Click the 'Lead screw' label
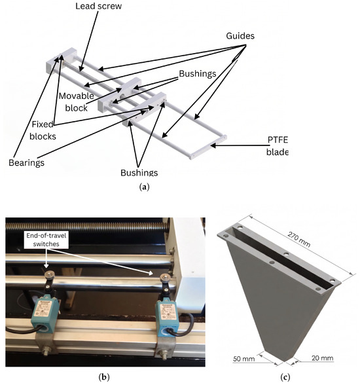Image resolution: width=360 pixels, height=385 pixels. pyautogui.click(x=98, y=6)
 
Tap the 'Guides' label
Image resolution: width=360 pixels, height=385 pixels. pyautogui.click(x=240, y=36)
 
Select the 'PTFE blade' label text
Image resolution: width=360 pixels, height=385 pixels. pyautogui.click(x=278, y=146)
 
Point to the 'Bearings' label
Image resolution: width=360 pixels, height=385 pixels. pyautogui.click(x=26, y=163)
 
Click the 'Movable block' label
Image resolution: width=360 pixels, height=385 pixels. pyautogui.click(x=77, y=102)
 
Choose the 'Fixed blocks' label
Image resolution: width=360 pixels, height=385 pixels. pyautogui.click(x=43, y=130)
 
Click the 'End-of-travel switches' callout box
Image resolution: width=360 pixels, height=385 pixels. pyautogui.click(x=46, y=240)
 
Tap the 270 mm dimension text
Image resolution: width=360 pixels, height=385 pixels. pyautogui.click(x=299, y=240)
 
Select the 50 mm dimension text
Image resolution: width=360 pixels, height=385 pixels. pyautogui.click(x=244, y=359)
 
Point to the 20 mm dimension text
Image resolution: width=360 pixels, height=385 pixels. pyautogui.click(x=323, y=358)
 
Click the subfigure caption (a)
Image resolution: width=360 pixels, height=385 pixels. pyautogui.click(x=144, y=187)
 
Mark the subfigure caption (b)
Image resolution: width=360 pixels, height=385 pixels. pyautogui.click(x=104, y=377)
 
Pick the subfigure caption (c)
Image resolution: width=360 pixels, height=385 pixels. pyautogui.click(x=285, y=377)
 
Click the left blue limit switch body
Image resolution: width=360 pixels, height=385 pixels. pyautogui.click(x=45, y=314)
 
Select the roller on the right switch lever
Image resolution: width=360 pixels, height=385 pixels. pyautogui.click(x=164, y=278)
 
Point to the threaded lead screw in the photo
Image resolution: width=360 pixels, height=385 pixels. pyautogui.click(x=88, y=227)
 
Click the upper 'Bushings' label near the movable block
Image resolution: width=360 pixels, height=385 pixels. pyautogui.click(x=198, y=73)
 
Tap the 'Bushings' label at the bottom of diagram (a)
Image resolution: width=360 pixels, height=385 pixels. pyautogui.click(x=139, y=173)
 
